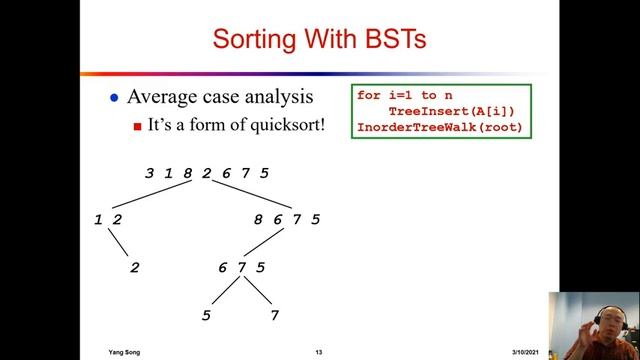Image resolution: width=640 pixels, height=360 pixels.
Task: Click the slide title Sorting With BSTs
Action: click(x=319, y=39)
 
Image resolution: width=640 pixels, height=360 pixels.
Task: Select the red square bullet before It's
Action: click(x=138, y=128)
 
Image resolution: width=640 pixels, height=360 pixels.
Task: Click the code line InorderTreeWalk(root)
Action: click(x=439, y=127)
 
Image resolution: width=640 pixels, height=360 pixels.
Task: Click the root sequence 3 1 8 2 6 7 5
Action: click(x=206, y=173)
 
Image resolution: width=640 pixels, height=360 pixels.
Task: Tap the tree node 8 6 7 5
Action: click(x=285, y=219)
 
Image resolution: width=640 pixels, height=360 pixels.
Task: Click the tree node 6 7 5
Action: click(x=241, y=267)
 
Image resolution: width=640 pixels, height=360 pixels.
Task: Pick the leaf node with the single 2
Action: click(x=135, y=267)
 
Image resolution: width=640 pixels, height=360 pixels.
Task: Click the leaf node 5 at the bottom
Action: click(x=206, y=316)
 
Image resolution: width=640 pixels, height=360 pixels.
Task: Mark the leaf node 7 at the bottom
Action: click(x=273, y=316)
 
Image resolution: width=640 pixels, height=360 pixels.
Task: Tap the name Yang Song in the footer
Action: click(x=126, y=352)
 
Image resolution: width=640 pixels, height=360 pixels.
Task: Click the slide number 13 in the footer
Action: click(x=318, y=352)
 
